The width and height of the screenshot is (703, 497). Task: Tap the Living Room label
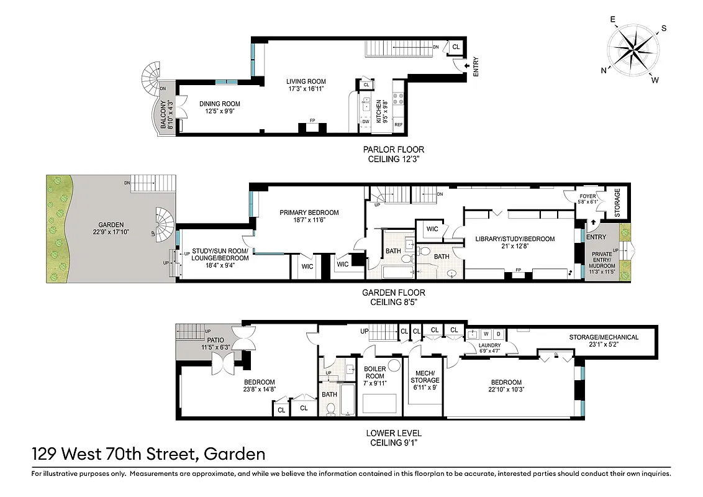tap(306, 81)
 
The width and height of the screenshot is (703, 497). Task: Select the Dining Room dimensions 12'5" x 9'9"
tap(219, 112)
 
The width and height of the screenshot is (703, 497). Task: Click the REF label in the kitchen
tap(398, 125)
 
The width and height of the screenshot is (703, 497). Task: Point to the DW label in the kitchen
tap(366, 122)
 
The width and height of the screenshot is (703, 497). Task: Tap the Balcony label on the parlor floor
tap(163, 115)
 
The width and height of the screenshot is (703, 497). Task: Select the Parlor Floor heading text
tap(394, 150)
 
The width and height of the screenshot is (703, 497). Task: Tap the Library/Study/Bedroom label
tap(515, 239)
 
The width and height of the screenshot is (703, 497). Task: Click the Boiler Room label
tap(375, 373)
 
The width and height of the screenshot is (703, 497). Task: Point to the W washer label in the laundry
tap(486, 334)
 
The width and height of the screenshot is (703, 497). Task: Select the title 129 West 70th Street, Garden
tap(148, 454)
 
